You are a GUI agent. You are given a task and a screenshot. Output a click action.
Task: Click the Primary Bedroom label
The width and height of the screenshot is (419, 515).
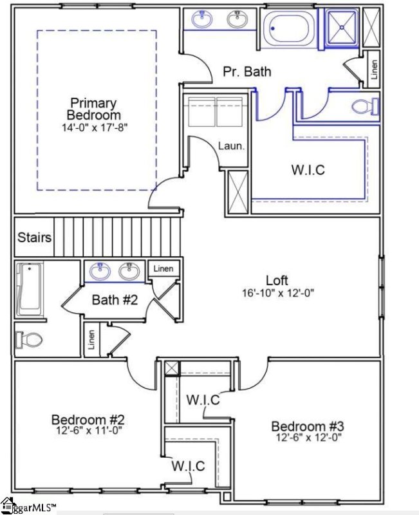93,108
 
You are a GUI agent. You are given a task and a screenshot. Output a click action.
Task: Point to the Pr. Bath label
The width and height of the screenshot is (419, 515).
247,71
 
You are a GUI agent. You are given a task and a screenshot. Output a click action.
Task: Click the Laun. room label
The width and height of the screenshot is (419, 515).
231,146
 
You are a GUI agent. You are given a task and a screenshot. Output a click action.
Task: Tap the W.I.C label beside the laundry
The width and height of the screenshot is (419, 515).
308,171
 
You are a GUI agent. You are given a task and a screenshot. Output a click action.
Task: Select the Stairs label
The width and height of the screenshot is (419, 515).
34,238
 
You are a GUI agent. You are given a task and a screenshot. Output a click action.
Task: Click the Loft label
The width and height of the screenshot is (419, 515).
275,281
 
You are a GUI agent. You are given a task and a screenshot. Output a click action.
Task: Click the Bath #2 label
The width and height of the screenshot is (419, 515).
113,299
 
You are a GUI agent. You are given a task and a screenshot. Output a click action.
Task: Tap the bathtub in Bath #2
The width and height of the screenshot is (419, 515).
28,289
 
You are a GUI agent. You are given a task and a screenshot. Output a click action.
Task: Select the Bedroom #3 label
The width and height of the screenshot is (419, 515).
308,426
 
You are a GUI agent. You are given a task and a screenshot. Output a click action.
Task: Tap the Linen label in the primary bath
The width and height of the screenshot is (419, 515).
374,72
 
